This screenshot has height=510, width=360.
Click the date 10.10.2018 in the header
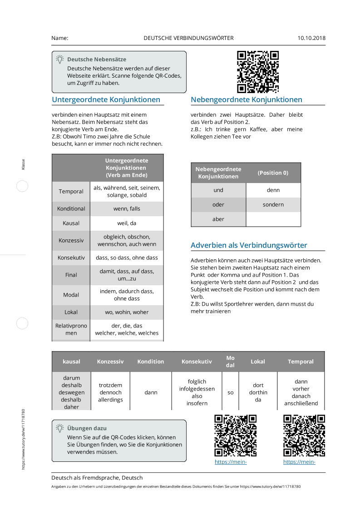pyautogui.click(x=311, y=38)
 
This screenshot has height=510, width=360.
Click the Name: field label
pyautogui.click(x=60, y=38)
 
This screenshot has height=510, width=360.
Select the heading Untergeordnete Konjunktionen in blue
pyautogui.click(x=106, y=99)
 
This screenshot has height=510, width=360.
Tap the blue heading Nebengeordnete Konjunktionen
pyautogui.click(x=246, y=99)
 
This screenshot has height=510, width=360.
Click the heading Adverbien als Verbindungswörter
pyautogui.click(x=249, y=245)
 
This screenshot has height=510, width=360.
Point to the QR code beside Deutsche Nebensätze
pyautogui.click(x=258, y=72)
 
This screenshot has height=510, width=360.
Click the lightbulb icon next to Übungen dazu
pyautogui.click(x=59, y=428)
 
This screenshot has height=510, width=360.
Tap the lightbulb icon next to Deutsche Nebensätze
pyautogui.click(x=59, y=59)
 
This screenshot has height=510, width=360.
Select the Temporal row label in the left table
pyautogui.click(x=71, y=192)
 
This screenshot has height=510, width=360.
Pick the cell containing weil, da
pyautogui.click(x=127, y=223)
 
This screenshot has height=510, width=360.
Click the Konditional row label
pyautogui.click(x=71, y=209)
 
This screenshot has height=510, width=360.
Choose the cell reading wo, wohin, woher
pyautogui.click(x=127, y=312)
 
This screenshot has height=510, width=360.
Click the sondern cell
pyautogui.click(x=273, y=204)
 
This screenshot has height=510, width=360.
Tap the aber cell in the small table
pyautogui.click(x=218, y=219)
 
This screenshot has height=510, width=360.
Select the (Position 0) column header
pyautogui.click(x=273, y=173)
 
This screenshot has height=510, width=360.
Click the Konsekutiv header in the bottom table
pyautogui.click(x=197, y=361)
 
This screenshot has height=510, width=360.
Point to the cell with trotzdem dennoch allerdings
pyautogui.click(x=110, y=392)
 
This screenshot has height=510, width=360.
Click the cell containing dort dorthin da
pyautogui.click(x=258, y=392)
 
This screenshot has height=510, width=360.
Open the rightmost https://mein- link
pyautogui.click(x=299, y=462)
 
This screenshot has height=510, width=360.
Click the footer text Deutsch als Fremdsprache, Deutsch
pyautogui.click(x=97, y=478)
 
